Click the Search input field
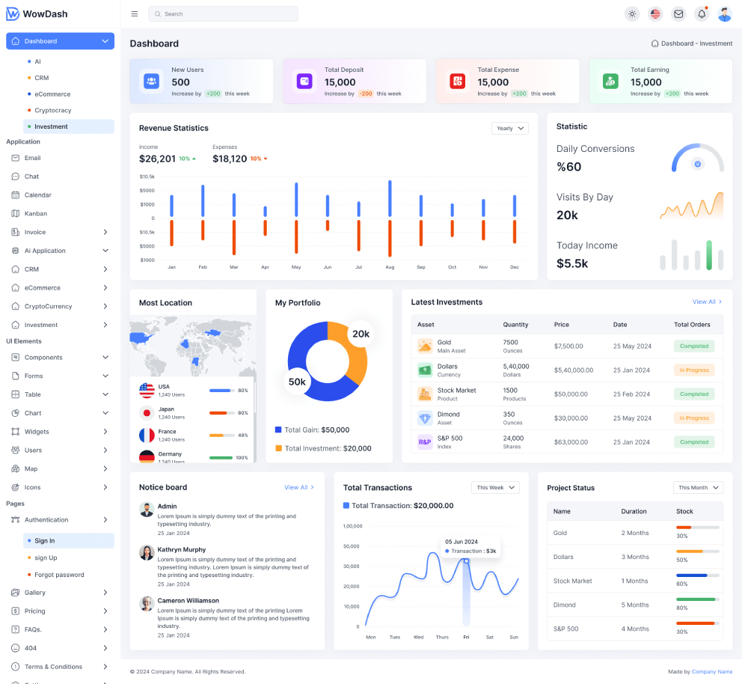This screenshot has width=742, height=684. pyautogui.click(x=223, y=13)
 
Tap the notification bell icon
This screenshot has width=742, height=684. pyautogui.click(x=702, y=13)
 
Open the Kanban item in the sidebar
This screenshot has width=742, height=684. pyautogui.click(x=35, y=213)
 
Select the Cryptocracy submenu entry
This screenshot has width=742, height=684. pyautogui.click(x=52, y=110)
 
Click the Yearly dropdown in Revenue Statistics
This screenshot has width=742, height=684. pyautogui.click(x=509, y=128)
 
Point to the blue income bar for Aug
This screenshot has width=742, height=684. pyautogui.click(x=390, y=198)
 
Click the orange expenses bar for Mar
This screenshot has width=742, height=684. pyautogui.click(x=234, y=238)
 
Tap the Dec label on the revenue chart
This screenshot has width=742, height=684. pyautogui.click(x=515, y=267)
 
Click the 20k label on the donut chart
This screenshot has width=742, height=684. pyautogui.click(x=361, y=334)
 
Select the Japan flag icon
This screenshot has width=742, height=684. pyautogui.click(x=147, y=413)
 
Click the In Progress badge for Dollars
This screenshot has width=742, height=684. pyautogui.click(x=693, y=370)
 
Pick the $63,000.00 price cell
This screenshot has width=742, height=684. pyautogui.click(x=571, y=442)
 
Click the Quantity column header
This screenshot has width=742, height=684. pyautogui.click(x=515, y=325)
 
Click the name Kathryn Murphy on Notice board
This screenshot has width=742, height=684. pyautogui.click(x=181, y=549)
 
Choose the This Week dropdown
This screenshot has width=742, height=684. pyautogui.click(x=495, y=488)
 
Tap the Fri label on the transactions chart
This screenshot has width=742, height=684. pyautogui.click(x=466, y=637)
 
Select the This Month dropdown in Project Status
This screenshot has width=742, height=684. pyautogui.click(x=698, y=488)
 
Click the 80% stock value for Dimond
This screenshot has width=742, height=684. pyautogui.click(x=682, y=608)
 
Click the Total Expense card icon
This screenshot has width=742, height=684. pyautogui.click(x=458, y=81)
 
